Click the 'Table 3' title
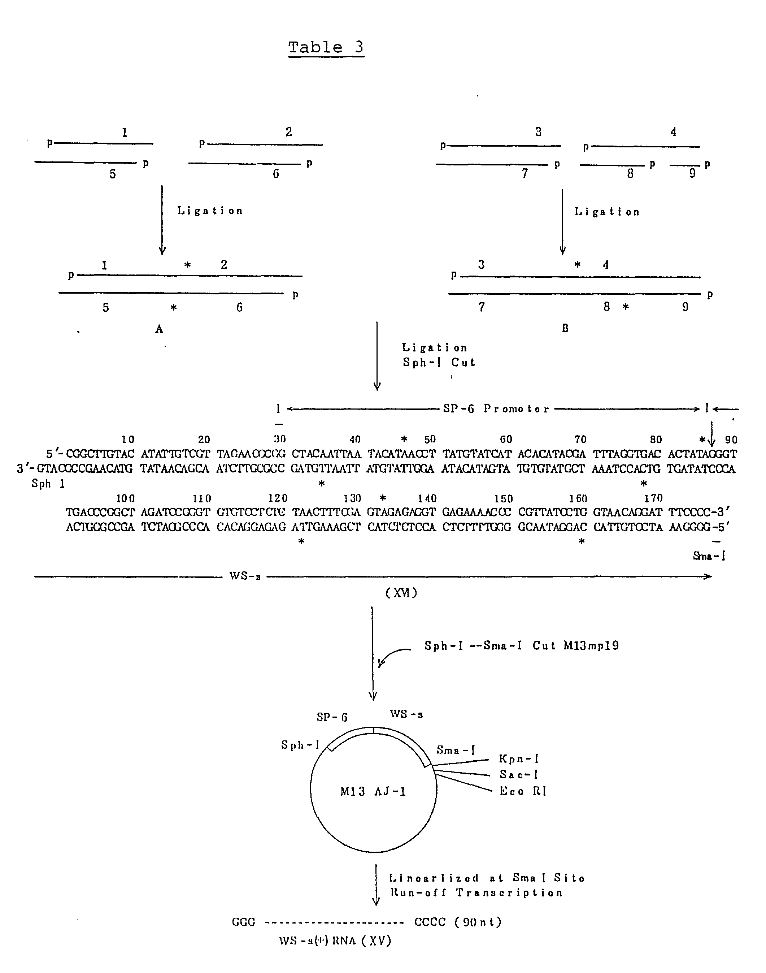326,48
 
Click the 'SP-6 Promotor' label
496,409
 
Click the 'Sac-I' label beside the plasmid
518,774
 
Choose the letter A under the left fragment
159,329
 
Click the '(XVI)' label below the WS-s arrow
401,593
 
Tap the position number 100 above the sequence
126,498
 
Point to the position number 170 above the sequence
653,498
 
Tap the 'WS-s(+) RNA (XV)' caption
335,941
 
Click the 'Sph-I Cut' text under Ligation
439,363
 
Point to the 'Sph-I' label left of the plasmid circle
300,745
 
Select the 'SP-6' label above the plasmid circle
332,717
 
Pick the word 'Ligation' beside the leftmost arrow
210,211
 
